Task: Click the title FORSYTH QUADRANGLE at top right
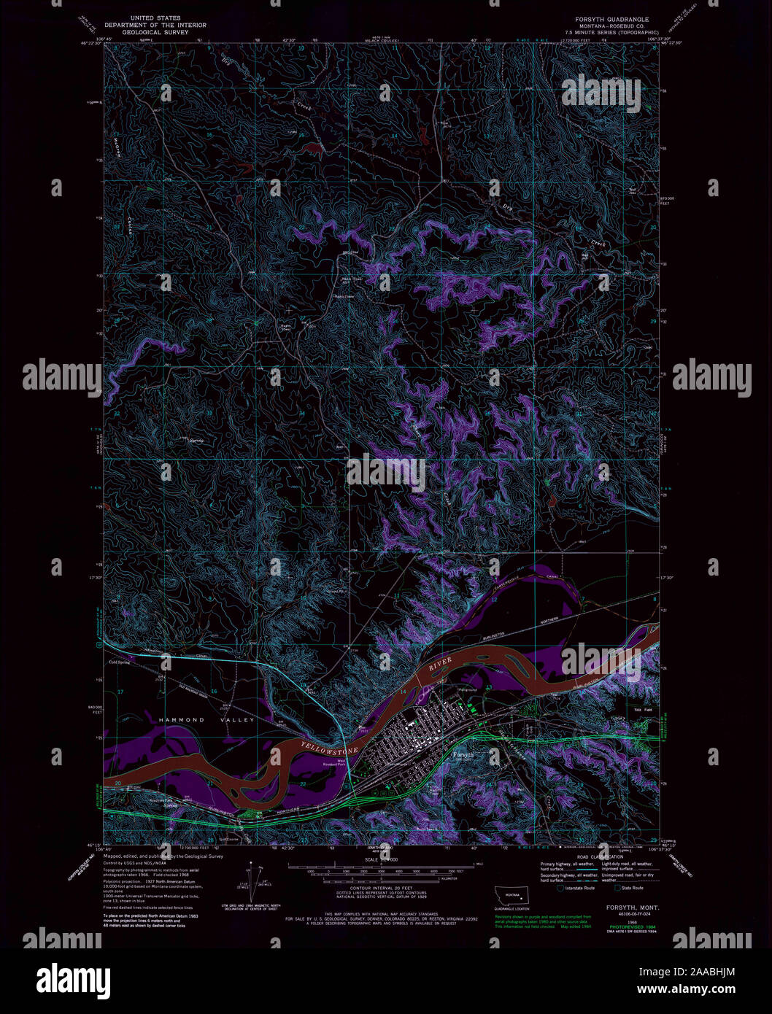coord(611,19)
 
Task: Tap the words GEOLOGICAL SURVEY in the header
coord(155,32)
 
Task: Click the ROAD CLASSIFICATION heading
coord(600,857)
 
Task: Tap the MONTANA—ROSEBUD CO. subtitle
coord(611,26)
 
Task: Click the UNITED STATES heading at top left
coord(155,18)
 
